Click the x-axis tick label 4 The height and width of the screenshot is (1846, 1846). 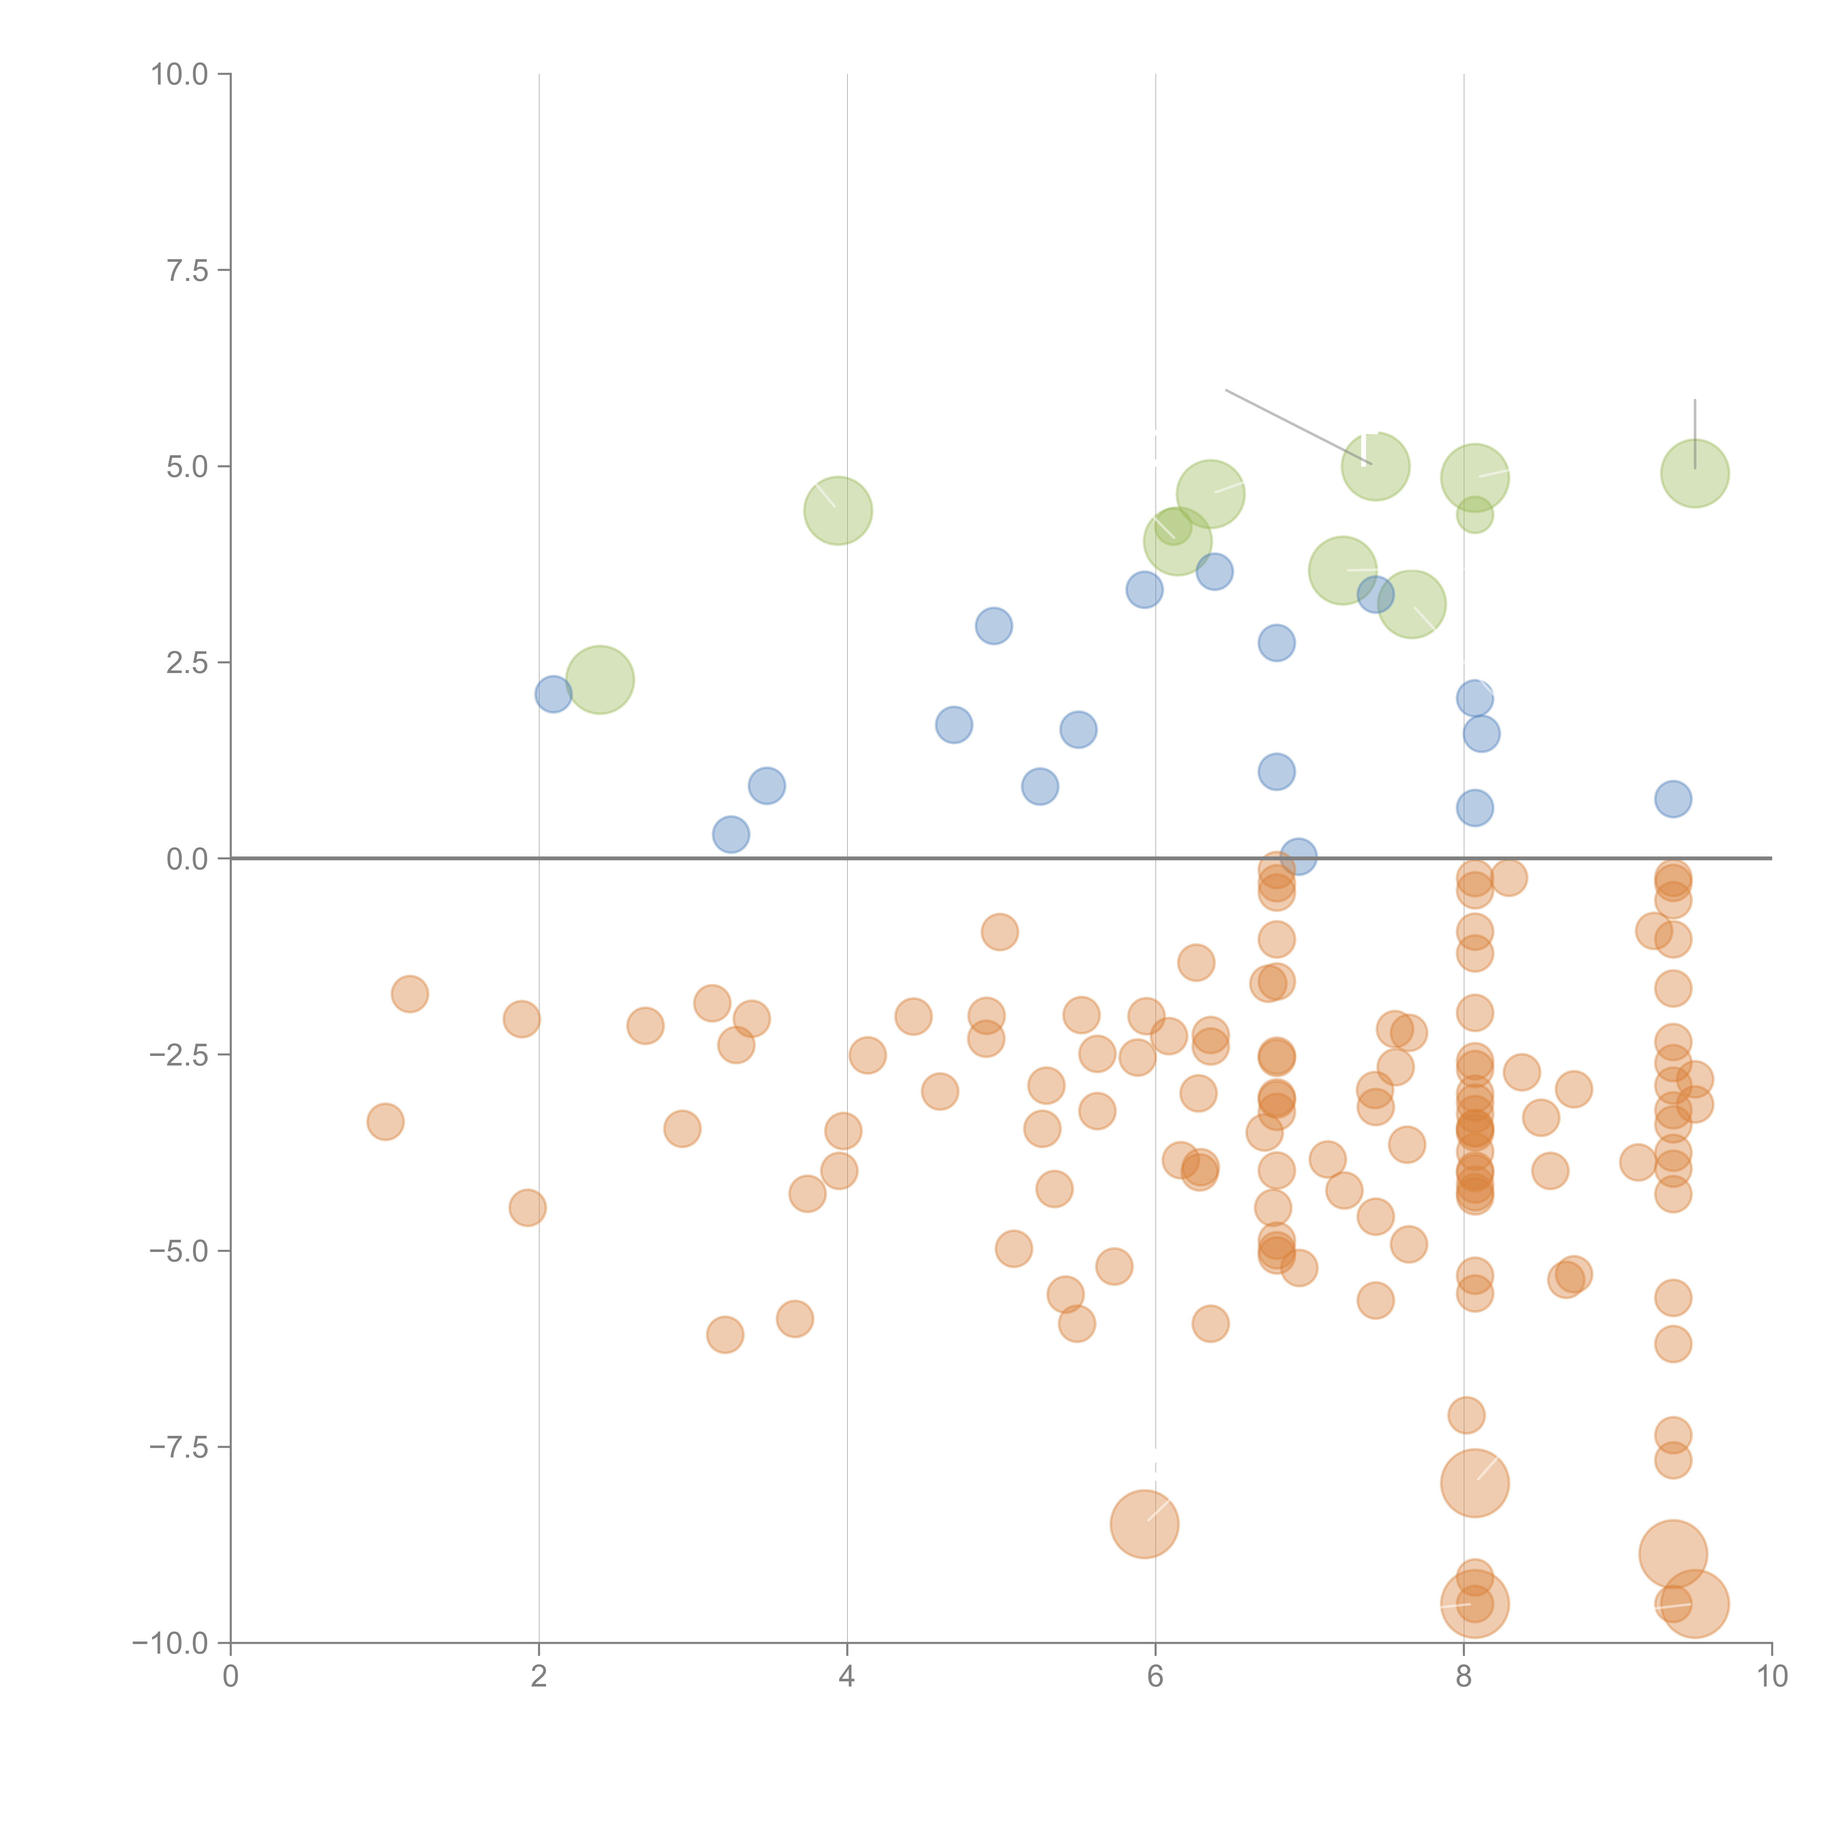tap(847, 1677)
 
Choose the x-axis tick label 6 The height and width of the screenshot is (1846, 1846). tap(1155, 1677)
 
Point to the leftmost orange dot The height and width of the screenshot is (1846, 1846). tap(385, 1122)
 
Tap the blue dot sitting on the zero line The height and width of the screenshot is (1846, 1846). tap(1297, 857)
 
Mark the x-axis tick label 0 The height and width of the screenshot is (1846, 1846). tap(230, 1677)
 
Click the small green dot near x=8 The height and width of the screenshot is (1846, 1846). tap(1474, 515)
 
